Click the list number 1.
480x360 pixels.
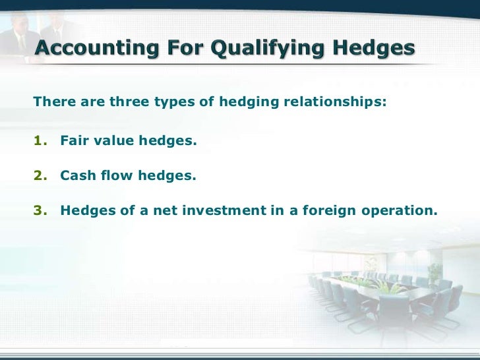[x=39, y=140]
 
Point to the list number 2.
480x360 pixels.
[x=39, y=176]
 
